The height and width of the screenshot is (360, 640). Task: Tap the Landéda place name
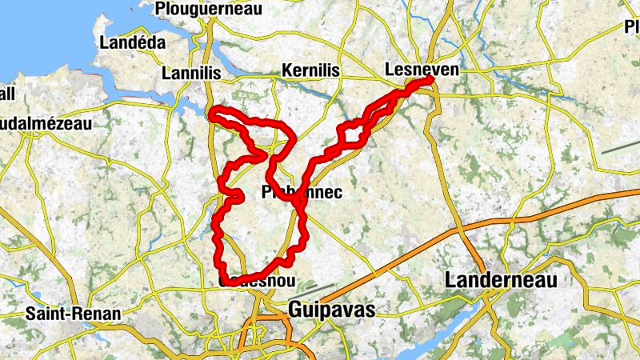[x=132, y=42]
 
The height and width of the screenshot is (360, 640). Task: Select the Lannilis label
[x=190, y=73]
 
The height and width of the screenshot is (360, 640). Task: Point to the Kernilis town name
[x=310, y=71]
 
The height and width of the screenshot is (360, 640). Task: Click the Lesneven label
[x=422, y=70]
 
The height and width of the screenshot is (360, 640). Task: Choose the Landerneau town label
[x=501, y=279]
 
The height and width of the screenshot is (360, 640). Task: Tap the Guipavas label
[x=330, y=310]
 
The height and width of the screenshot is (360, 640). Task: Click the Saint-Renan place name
[x=73, y=313]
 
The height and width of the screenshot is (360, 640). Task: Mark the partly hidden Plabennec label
[x=302, y=192]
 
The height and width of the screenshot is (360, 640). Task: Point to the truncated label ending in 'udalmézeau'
[x=46, y=124]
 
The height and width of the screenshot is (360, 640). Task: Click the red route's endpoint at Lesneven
[x=430, y=79]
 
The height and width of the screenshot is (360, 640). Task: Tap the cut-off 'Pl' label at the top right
[x=632, y=27]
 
